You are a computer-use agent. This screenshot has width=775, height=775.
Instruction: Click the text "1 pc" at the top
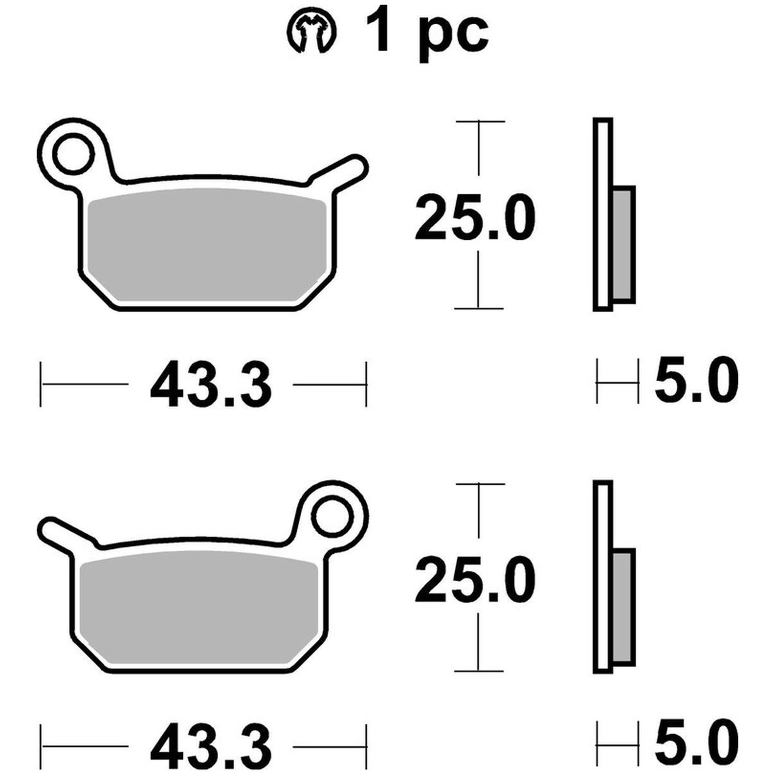[x=426, y=33]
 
